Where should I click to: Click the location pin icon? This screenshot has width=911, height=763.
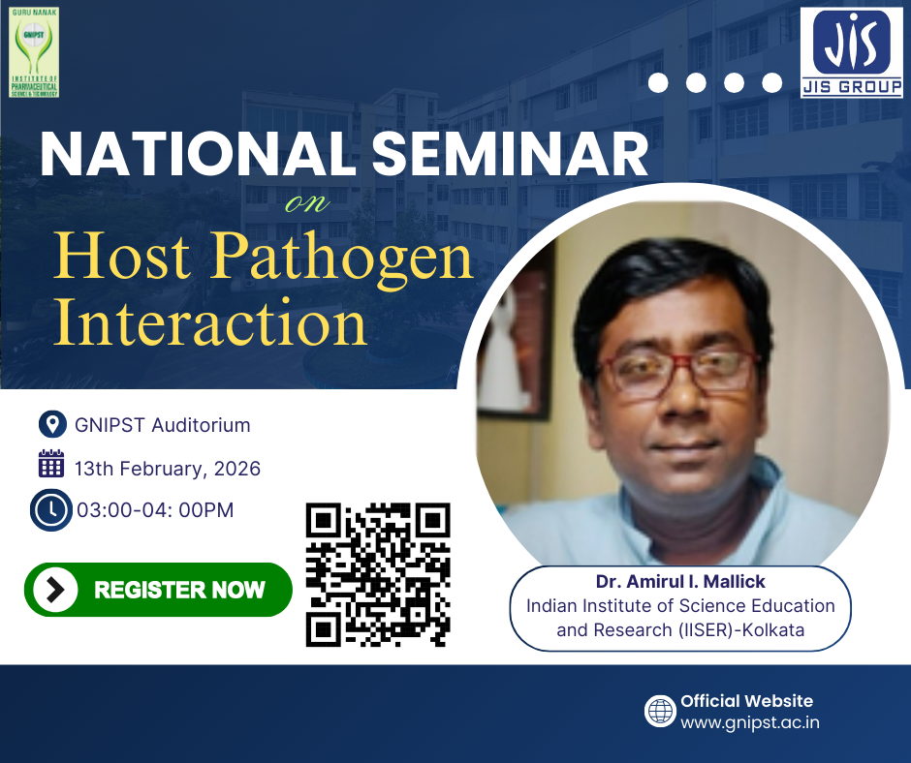[x=50, y=424]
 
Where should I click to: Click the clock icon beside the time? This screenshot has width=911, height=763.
[x=50, y=509]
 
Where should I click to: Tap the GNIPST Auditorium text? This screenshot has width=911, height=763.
[x=162, y=424]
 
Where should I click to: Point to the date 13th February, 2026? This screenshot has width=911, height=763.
[x=168, y=469]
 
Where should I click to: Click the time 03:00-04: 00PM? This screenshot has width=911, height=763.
[x=155, y=509]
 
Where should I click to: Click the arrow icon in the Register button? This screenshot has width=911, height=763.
[x=56, y=589]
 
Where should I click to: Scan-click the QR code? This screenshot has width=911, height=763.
[x=378, y=573]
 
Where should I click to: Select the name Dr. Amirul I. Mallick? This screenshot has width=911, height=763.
[x=679, y=582]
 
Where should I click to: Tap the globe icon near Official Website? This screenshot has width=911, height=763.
[x=660, y=711]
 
